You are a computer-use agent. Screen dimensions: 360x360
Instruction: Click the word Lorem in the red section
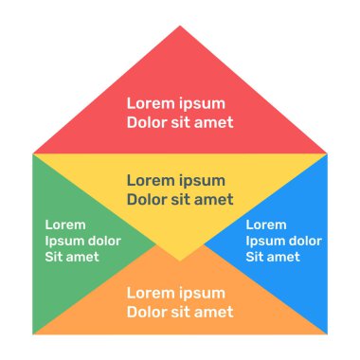(151, 103)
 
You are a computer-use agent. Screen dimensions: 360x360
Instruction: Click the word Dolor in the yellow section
(149, 199)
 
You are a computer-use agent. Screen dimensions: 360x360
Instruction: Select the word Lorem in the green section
(65, 225)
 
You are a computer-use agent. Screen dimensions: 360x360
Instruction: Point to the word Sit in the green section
(56, 257)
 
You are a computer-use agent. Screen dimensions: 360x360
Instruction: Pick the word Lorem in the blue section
(266, 225)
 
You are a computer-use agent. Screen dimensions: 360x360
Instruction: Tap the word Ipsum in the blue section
(266, 241)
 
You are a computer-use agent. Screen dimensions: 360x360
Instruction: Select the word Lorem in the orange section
(151, 293)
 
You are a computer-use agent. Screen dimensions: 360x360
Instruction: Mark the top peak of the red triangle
(180, 27)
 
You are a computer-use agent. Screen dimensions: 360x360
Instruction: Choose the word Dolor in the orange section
(149, 312)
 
